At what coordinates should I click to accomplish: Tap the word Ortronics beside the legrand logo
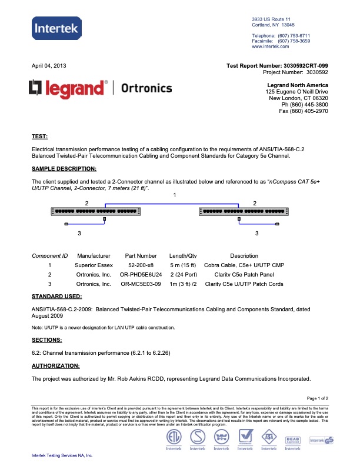pyautogui.click(x=146, y=88)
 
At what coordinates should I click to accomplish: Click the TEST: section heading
pyautogui.click(x=39, y=137)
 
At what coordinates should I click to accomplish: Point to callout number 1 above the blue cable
pyautogui.click(x=174, y=194)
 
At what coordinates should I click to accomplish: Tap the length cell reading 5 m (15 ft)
pyautogui.click(x=182, y=265)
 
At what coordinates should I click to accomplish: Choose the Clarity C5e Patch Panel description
pyautogui.click(x=244, y=275)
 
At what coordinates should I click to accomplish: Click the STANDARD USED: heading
pyautogui.click(x=56, y=296)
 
